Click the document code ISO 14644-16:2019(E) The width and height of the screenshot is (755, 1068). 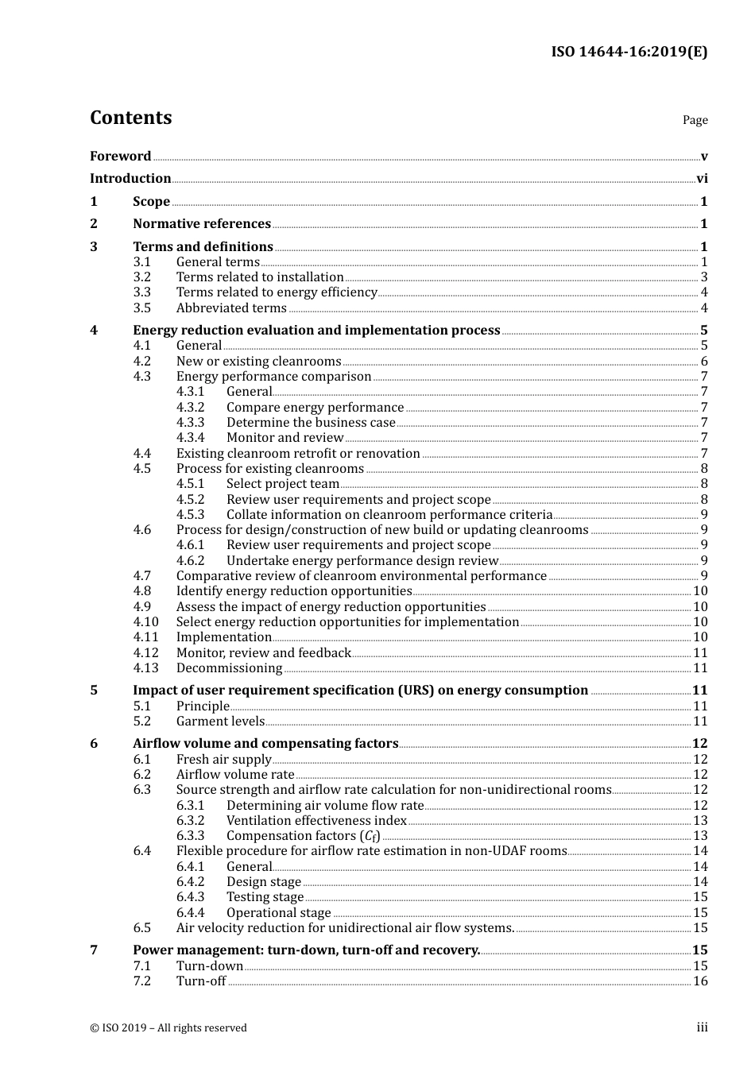pos(629,52)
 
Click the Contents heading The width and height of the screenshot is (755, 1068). pos(130,118)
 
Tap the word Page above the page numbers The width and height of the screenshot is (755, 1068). pos(695,120)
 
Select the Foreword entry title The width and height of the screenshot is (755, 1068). pos(120,156)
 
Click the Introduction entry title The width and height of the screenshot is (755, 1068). pos(130,179)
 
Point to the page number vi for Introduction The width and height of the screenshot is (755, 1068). pos(702,179)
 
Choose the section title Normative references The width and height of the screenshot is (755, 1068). pos(202,224)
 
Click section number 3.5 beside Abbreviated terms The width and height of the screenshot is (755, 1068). pos(142,308)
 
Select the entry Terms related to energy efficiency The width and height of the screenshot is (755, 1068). pos(277,292)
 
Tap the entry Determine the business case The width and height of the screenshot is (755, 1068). pos(311,423)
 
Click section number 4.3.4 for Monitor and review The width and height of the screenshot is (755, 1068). pos(190,438)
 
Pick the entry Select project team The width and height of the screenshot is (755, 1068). pos(283,484)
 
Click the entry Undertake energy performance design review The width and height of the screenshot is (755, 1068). pos(362,561)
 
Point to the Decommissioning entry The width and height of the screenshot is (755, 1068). pos(229,668)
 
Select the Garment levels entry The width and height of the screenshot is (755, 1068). pos(220,722)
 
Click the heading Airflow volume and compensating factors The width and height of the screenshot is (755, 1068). pos(265,744)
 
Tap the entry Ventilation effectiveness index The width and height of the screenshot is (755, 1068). pos(316,821)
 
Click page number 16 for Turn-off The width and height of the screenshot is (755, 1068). pos(700,981)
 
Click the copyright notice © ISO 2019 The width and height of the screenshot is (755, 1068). pos(168,1027)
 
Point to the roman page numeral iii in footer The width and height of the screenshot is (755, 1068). pos(702,1027)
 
